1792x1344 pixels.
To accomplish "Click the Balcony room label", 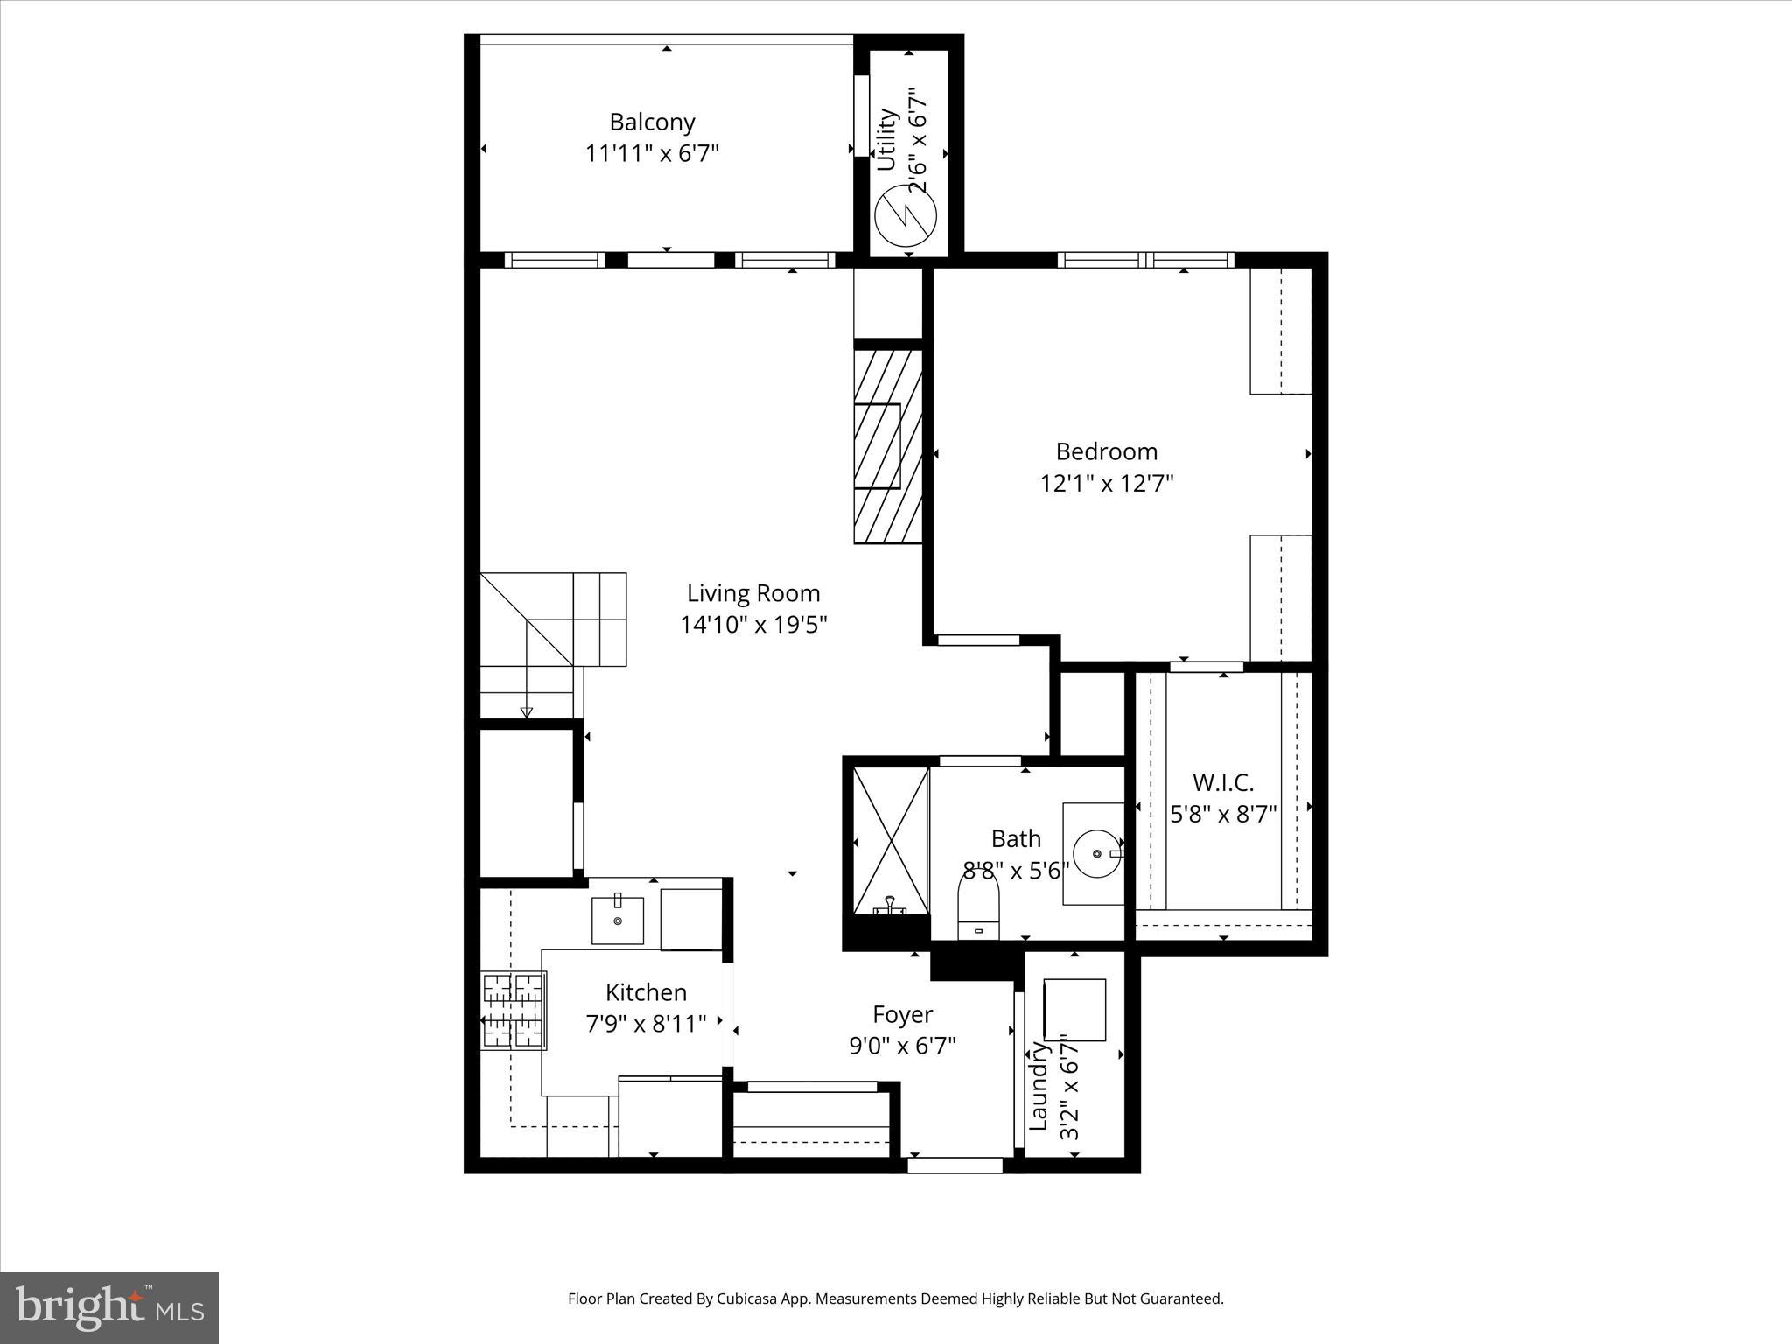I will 652,122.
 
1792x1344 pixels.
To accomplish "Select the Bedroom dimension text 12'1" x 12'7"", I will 1106,483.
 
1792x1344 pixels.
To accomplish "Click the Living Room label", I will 752,593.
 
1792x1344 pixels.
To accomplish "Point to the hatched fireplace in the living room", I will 888,445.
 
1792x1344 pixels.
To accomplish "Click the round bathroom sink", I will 1097,853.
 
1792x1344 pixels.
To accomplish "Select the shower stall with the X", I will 891,839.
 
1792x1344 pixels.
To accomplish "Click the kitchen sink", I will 618,920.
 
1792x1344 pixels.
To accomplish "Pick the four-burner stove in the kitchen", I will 514,1010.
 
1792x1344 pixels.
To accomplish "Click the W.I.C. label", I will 1223,782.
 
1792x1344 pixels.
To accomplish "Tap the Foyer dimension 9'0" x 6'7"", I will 902,1045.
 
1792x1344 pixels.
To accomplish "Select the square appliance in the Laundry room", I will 1074,1009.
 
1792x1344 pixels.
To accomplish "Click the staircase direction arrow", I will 526,711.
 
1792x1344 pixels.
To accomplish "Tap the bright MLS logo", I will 109,1307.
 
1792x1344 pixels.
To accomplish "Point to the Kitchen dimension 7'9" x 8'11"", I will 646,1023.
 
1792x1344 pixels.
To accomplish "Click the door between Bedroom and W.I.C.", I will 1206,667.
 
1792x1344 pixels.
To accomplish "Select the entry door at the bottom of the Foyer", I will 955,1165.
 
